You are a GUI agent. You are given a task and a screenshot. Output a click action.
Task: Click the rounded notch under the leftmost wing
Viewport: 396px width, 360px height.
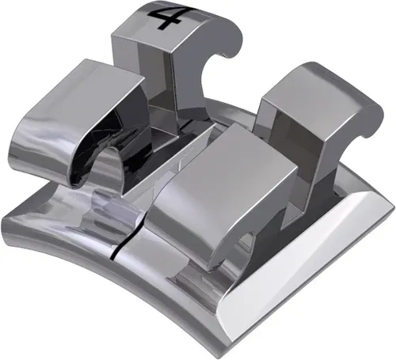111,170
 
